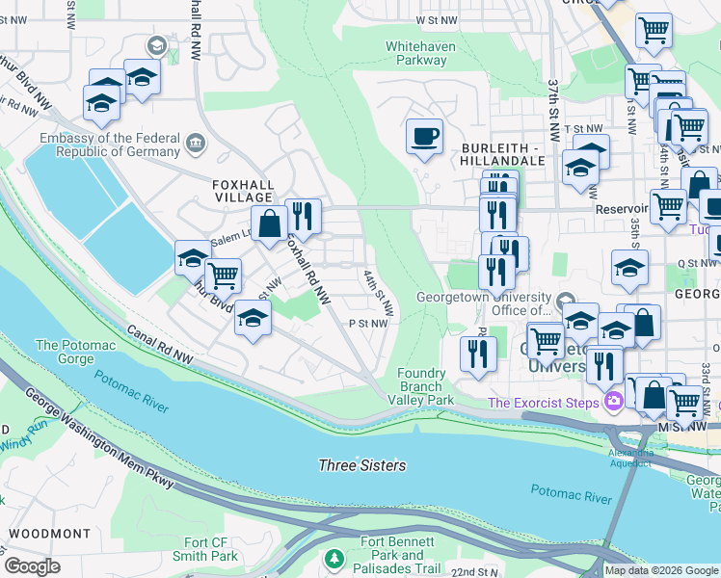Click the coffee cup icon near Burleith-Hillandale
click(424, 137)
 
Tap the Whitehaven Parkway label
click(416, 52)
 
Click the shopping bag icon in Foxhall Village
click(271, 223)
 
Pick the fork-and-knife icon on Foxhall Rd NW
click(304, 217)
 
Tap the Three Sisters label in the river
click(362, 465)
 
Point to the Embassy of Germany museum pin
click(196, 144)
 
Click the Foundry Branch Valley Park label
click(425, 386)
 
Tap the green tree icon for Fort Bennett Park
click(334, 559)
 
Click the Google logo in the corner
click(33, 566)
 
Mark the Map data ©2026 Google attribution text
click(660, 570)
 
